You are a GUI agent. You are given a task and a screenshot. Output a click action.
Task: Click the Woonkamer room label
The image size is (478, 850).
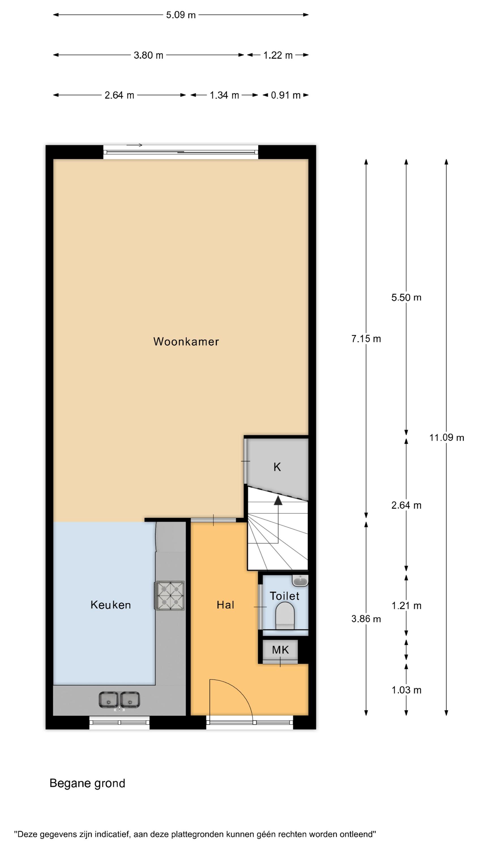[186, 341]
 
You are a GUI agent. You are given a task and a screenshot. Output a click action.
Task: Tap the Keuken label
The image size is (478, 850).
[111, 605]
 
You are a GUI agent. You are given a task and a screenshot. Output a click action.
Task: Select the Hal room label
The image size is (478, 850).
[226, 605]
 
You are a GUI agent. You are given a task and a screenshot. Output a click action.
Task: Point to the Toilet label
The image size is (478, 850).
[285, 596]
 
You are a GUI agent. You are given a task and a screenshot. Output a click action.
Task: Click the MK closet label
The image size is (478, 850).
[280, 650]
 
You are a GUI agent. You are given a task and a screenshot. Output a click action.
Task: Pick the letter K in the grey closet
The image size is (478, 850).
[277, 467]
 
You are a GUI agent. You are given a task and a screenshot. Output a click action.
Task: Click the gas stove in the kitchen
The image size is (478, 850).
[170, 596]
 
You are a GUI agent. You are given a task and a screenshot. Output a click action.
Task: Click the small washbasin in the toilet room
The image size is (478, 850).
[300, 581]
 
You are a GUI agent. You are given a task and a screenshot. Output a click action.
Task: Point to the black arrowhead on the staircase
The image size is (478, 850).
[278, 501]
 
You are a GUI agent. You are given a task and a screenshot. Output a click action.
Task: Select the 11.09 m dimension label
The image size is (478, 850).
[447, 438]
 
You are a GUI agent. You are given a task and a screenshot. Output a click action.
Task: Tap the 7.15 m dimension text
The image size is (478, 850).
[366, 339]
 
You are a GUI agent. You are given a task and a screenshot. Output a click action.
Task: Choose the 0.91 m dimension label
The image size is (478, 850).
[286, 95]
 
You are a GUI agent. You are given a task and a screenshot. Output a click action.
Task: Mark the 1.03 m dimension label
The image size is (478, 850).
[406, 690]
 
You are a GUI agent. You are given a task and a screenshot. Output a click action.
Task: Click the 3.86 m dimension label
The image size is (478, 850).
[366, 619]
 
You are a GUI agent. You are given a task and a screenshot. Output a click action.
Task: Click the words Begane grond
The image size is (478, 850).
[88, 783]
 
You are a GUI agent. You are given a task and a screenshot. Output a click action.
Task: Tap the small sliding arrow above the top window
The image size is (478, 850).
[134, 145]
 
